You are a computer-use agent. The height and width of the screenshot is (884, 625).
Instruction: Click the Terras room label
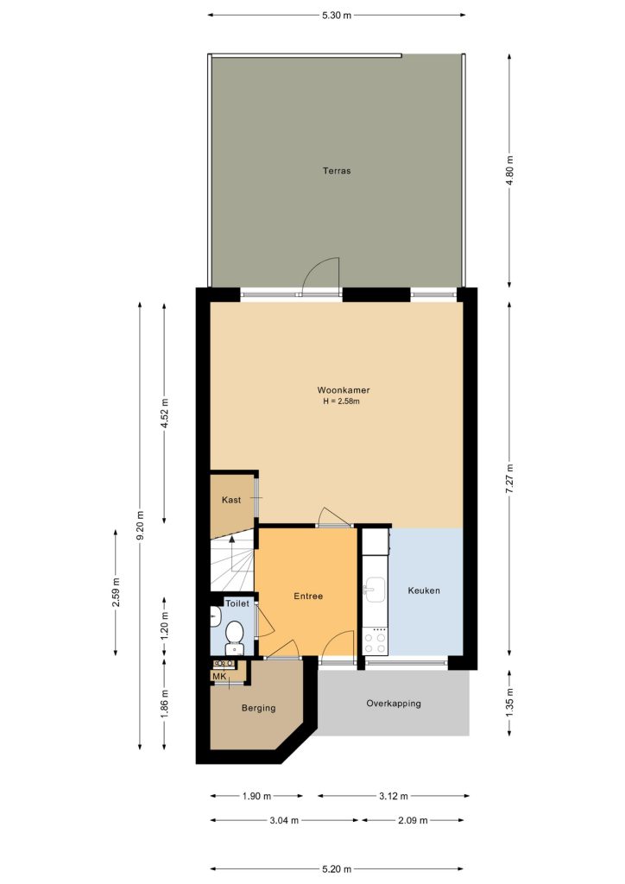337,170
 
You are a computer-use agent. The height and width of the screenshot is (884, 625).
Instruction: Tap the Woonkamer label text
344,389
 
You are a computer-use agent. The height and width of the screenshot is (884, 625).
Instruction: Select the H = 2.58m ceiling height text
341,401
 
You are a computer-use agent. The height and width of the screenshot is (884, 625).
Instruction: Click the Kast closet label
231,500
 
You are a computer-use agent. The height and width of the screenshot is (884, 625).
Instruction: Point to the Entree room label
308,596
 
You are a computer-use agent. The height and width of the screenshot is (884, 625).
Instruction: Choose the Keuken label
424,590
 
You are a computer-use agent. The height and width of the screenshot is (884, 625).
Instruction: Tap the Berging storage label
259,708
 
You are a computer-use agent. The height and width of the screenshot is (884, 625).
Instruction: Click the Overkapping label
394,704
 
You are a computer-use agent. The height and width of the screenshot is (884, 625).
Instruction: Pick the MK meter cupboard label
219,677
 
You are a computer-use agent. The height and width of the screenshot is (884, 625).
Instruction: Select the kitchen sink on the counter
373,590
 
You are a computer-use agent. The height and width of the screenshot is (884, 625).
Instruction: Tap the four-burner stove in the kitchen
375,642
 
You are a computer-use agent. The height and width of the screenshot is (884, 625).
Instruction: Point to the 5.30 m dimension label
337,16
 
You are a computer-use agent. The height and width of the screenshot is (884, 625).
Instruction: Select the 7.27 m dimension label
509,478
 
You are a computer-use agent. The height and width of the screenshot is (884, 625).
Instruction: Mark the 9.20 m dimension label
141,525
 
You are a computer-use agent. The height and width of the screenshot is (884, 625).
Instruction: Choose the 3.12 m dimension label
394,796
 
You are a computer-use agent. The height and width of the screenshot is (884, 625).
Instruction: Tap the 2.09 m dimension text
413,820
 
